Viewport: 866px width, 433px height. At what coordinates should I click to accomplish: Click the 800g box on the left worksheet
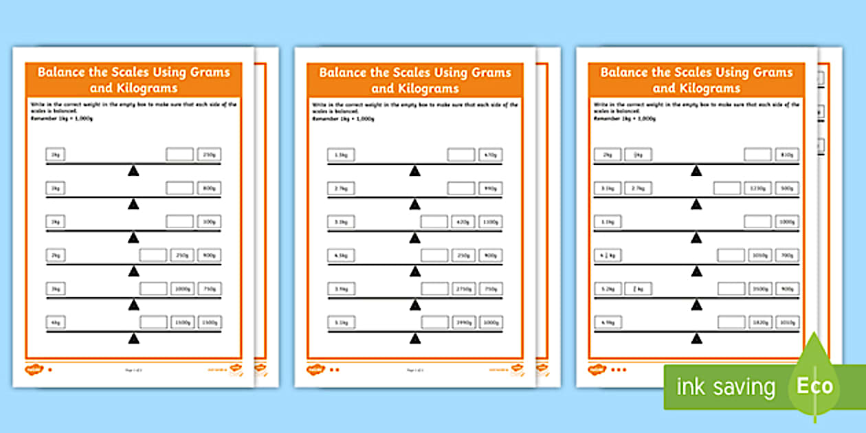pos(210,188)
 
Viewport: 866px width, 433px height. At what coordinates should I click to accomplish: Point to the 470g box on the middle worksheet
pos(490,155)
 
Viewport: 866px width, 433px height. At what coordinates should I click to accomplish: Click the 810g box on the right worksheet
pos(787,155)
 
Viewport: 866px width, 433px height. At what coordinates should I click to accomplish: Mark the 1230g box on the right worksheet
pos(757,188)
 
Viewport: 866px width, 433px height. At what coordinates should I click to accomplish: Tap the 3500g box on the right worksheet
pos(757,288)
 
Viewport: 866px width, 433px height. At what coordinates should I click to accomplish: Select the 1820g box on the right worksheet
pos(757,322)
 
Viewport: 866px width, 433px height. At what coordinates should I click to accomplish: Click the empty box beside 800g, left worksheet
pos(179,188)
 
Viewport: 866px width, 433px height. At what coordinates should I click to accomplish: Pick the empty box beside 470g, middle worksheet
pos(460,155)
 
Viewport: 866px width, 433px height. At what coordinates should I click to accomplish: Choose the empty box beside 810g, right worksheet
pos(757,155)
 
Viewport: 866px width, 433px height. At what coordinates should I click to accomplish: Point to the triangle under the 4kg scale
pos(133,338)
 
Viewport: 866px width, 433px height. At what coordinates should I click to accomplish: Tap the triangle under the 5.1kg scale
pos(414,338)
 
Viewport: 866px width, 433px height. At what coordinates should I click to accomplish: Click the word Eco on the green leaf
pos(814,386)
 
